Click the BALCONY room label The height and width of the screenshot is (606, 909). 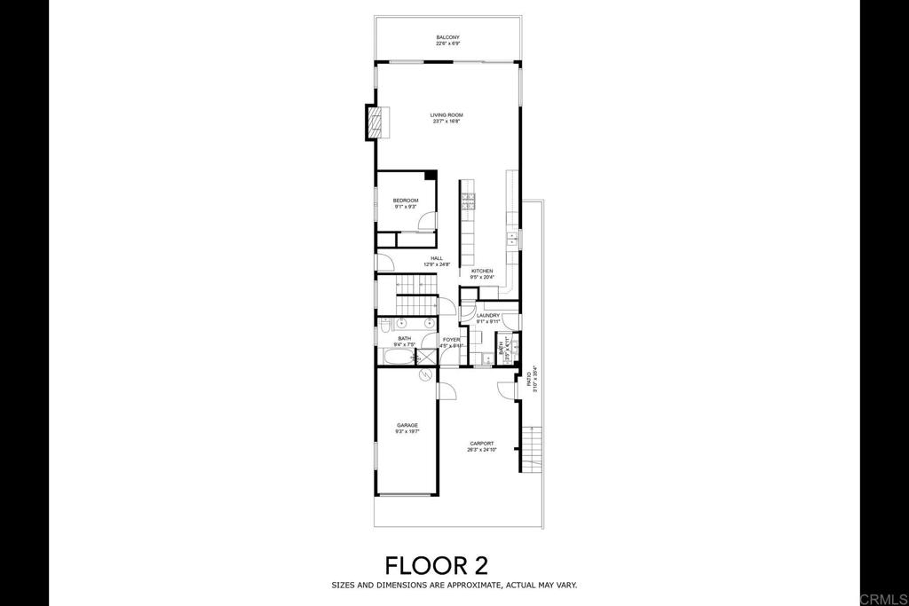[447, 40]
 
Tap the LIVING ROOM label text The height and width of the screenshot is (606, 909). [447, 117]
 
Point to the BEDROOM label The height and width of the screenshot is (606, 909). [405, 203]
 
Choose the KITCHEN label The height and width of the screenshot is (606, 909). [482, 273]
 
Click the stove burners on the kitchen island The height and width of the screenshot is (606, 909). [468, 201]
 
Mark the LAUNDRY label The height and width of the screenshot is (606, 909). [487, 318]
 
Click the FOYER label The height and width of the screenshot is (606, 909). [452, 342]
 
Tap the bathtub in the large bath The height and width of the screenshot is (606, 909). [396, 357]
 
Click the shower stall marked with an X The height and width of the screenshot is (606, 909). [426, 357]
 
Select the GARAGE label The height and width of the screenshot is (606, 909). [407, 428]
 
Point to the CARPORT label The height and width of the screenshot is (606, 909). [481, 446]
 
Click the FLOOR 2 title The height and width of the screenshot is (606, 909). [435, 564]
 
